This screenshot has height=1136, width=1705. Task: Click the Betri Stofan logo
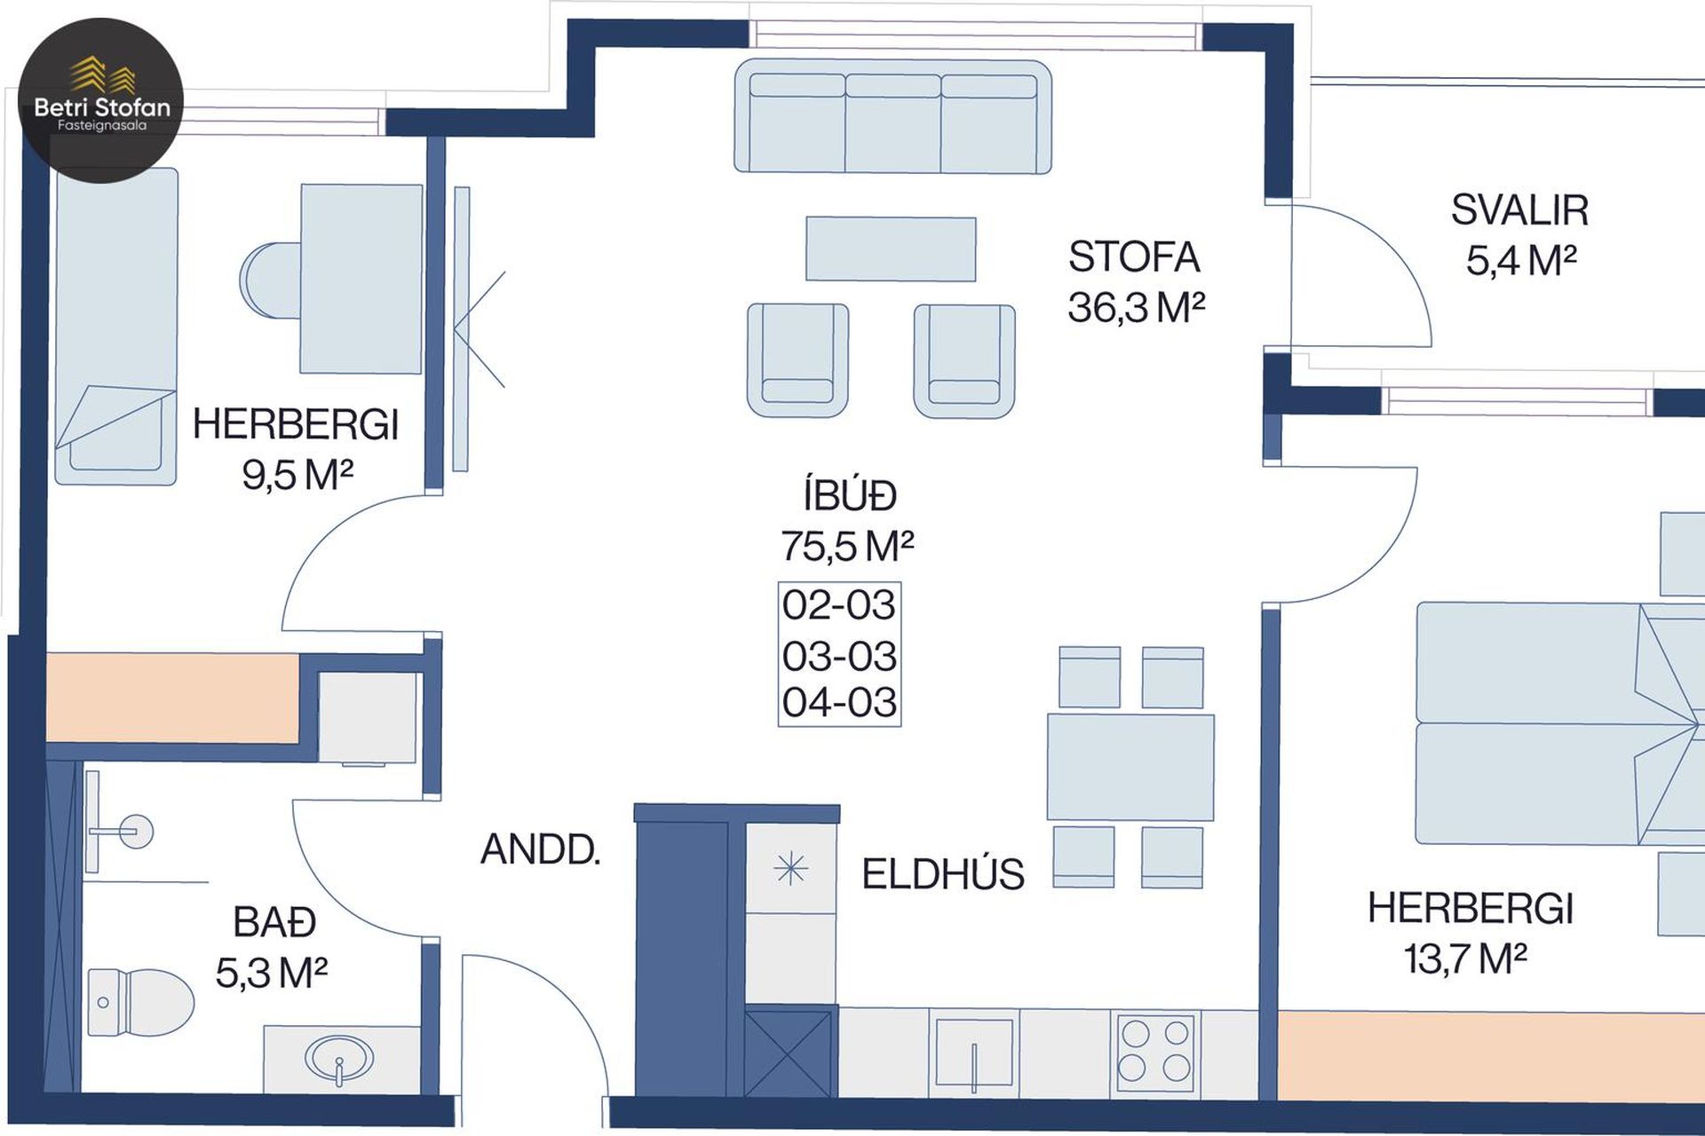[100, 100]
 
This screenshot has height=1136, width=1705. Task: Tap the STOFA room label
[1134, 257]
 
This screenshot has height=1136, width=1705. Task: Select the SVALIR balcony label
[1519, 210]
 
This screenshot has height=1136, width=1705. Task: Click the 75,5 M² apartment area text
[847, 546]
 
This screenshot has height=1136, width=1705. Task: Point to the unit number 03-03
[839, 657]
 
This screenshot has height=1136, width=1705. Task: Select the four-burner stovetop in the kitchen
[1154, 1050]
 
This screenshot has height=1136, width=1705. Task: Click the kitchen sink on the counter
[974, 1054]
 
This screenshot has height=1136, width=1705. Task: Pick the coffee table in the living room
[891, 248]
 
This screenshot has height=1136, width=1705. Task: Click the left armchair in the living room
[797, 359]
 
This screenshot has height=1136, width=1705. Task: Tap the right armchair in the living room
[964, 360]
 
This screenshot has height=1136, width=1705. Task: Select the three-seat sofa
[892, 116]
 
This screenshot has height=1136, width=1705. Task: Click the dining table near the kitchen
[1130, 767]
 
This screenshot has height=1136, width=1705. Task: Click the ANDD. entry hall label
[541, 850]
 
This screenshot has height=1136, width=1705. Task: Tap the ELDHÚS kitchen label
[943, 874]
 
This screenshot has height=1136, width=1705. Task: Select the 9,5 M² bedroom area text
[297, 475]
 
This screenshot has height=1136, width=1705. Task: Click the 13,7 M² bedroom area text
[1465, 958]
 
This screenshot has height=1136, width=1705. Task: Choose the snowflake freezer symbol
[790, 869]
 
